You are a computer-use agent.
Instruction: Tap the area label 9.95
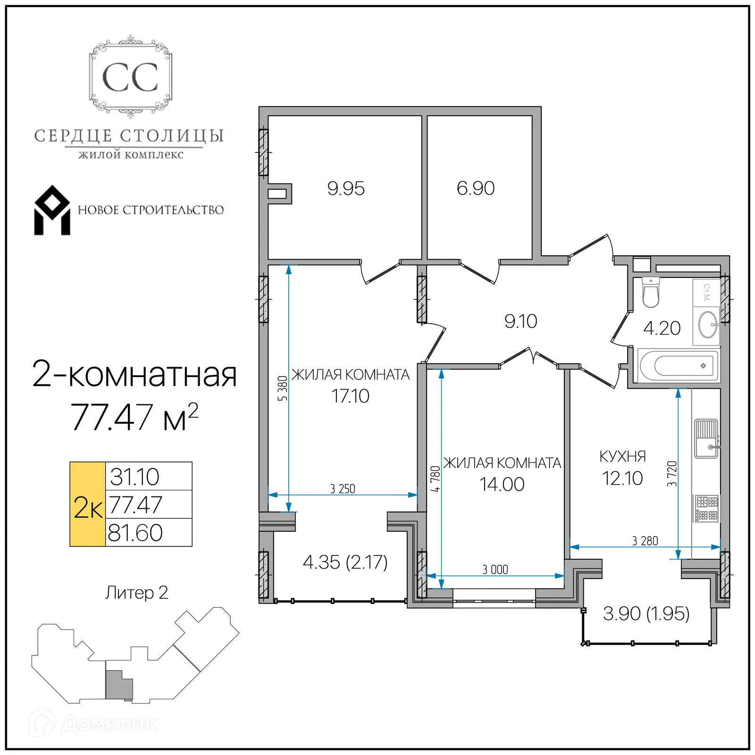click(x=346, y=189)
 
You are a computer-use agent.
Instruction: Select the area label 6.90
click(x=475, y=188)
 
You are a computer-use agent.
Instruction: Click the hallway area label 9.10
click(x=520, y=321)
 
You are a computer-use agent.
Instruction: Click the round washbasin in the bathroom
click(x=707, y=325)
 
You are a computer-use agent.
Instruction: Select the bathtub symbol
click(x=678, y=366)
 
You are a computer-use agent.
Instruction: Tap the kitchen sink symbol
click(x=706, y=438)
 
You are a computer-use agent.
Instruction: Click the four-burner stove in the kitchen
click(x=706, y=508)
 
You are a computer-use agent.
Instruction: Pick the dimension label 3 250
click(x=343, y=489)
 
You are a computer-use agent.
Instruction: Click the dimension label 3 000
click(x=495, y=570)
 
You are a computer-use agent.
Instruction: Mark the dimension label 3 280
click(x=645, y=541)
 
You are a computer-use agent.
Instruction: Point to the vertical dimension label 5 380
click(x=282, y=388)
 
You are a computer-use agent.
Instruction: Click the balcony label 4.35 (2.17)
click(x=345, y=562)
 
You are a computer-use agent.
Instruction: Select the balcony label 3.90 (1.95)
click(x=646, y=613)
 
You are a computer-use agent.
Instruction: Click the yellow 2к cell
click(x=88, y=504)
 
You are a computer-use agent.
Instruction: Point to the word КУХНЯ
click(x=622, y=456)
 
